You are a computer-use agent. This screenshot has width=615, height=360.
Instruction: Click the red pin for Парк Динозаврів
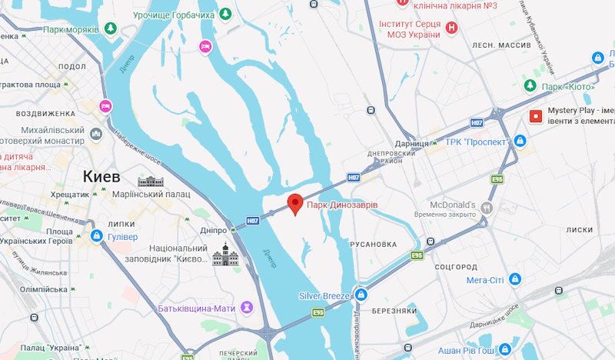tap(295, 203)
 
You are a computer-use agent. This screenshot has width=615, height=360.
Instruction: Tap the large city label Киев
tap(101, 177)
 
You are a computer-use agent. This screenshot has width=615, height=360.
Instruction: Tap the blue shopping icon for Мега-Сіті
tap(516, 279)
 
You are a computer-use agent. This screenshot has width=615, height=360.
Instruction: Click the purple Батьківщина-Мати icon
tap(247, 308)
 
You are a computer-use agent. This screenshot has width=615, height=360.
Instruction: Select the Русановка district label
tap(373, 245)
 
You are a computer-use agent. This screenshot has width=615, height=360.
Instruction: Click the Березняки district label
tap(394, 311)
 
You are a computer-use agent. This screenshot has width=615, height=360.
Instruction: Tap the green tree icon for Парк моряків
tap(111, 29)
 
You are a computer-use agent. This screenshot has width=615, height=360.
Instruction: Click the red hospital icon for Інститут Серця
tap(452, 28)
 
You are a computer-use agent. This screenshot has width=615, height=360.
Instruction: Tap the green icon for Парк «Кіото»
tap(530, 86)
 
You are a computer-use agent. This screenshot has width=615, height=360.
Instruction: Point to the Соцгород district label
tap(457, 266)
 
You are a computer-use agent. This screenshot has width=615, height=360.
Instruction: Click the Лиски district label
tap(579, 230)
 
